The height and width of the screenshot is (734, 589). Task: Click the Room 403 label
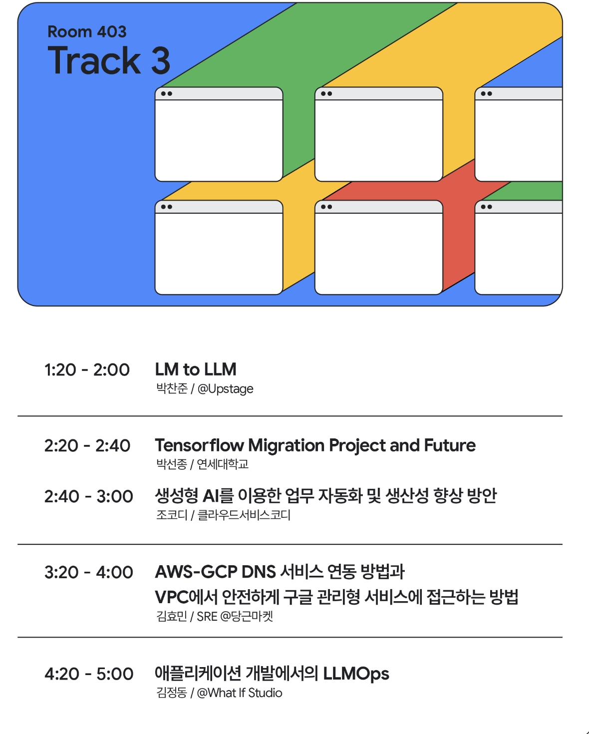pyautogui.click(x=87, y=32)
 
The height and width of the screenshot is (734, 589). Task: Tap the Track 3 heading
pyautogui.click(x=109, y=60)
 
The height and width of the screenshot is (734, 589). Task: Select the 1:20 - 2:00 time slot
pyautogui.click(x=87, y=369)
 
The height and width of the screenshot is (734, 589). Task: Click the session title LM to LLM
pyautogui.click(x=196, y=369)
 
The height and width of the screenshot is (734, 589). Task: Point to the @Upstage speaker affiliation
pyautogui.click(x=226, y=389)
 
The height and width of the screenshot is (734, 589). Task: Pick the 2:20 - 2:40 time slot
pyautogui.click(x=87, y=445)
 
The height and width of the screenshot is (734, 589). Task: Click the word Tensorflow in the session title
pyautogui.click(x=200, y=445)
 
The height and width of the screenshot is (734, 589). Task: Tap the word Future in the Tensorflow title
pyautogui.click(x=450, y=445)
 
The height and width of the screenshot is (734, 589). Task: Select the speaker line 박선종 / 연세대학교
pyautogui.click(x=202, y=464)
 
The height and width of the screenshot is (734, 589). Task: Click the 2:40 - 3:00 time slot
pyautogui.click(x=89, y=496)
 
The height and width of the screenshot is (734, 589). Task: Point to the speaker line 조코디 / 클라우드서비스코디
pyautogui.click(x=224, y=515)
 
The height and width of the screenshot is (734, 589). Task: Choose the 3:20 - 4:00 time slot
pyautogui.click(x=89, y=572)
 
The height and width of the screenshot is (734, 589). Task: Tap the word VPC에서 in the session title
pyautogui.click(x=186, y=597)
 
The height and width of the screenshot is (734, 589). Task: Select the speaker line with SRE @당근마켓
pyautogui.click(x=215, y=616)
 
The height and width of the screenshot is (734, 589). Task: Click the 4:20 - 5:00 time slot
pyautogui.click(x=89, y=674)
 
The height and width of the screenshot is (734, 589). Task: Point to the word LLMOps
pyautogui.click(x=356, y=674)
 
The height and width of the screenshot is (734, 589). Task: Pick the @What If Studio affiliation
pyautogui.click(x=240, y=693)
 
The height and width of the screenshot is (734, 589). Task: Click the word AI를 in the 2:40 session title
pyautogui.click(x=218, y=496)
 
